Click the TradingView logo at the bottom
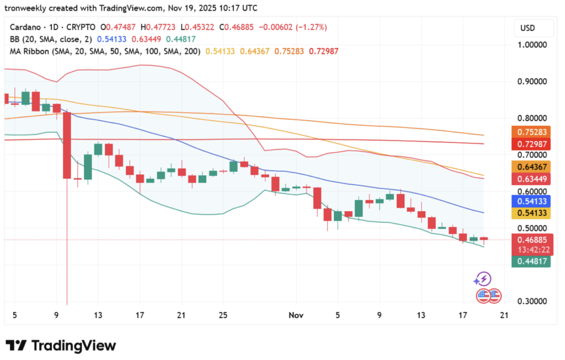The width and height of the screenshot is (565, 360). [61, 346]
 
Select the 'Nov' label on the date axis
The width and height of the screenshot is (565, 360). [296, 315]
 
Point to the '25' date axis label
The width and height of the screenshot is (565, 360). [223, 315]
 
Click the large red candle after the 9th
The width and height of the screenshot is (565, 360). [67, 145]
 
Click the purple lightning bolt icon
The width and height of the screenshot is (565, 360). [483, 279]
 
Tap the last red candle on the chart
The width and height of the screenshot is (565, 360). [484, 239]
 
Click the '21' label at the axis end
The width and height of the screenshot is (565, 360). [503, 315]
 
